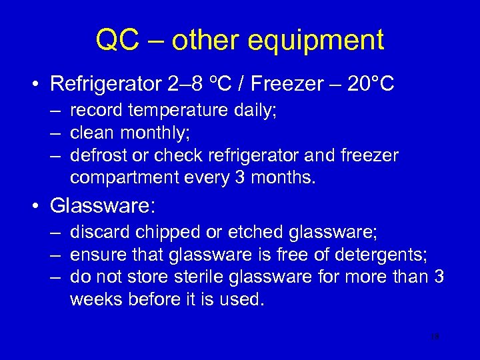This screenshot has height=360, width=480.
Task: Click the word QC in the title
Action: [118, 41]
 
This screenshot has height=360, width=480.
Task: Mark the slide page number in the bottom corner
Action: [435, 337]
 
